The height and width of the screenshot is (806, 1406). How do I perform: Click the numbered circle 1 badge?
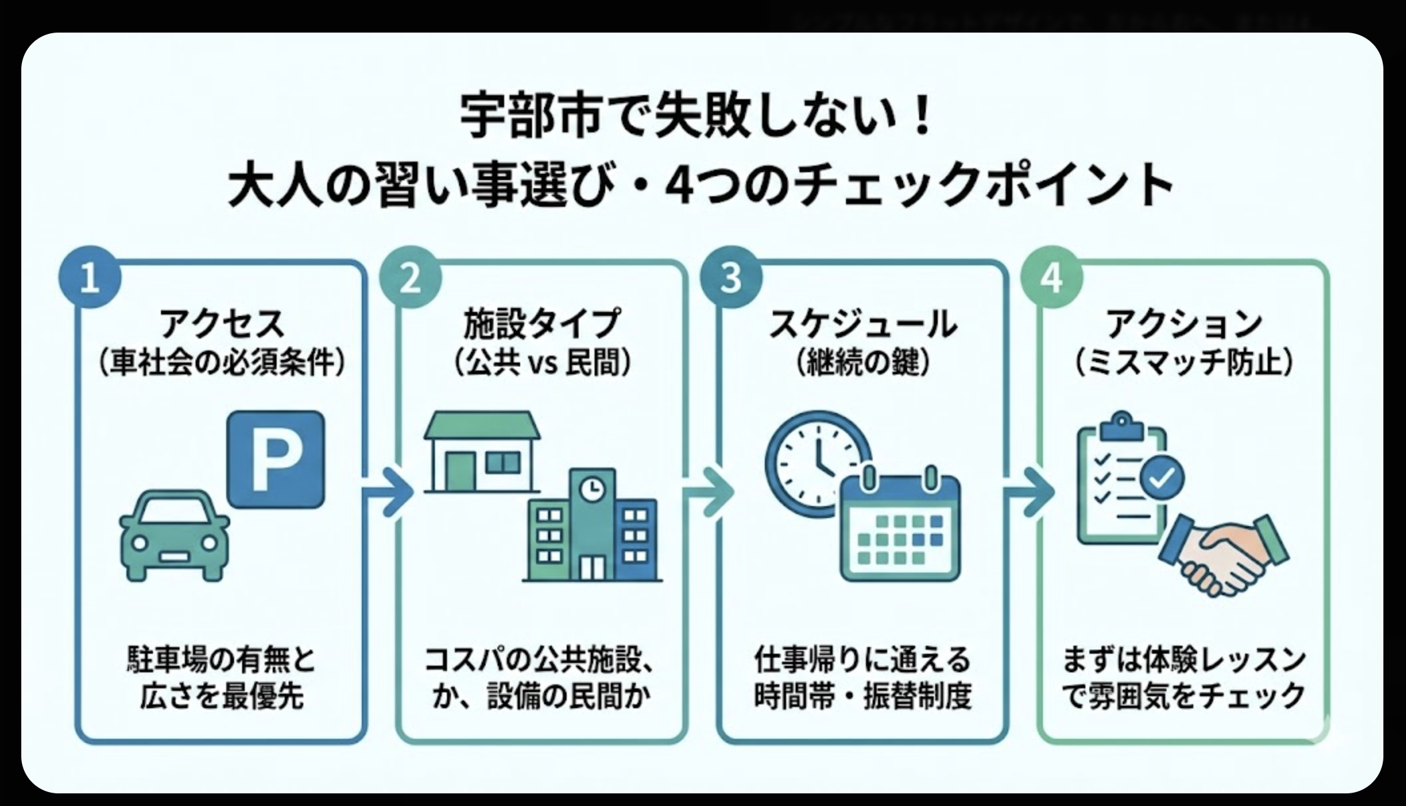tap(90, 277)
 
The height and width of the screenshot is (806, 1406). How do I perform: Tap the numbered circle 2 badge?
tap(410, 277)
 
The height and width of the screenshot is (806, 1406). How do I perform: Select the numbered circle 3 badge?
tap(731, 277)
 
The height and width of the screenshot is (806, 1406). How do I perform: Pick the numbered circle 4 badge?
tap(1052, 277)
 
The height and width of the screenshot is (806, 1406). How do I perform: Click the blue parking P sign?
tap(276, 459)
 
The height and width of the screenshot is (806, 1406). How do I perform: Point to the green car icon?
tap(174, 536)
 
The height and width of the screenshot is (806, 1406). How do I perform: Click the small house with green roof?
tap(482, 452)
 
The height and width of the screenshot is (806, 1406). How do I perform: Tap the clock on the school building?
tap(591, 489)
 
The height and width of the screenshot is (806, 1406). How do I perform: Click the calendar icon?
tap(901, 525)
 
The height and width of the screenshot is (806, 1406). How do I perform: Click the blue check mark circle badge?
tap(1162, 477)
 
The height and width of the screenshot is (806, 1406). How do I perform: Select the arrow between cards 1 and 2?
tap(389, 493)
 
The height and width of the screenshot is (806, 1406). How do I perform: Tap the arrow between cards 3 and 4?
tap(1030, 493)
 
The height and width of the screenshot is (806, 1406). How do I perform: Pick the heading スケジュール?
tap(863, 325)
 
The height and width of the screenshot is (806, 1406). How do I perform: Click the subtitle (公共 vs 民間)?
tap(542, 363)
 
